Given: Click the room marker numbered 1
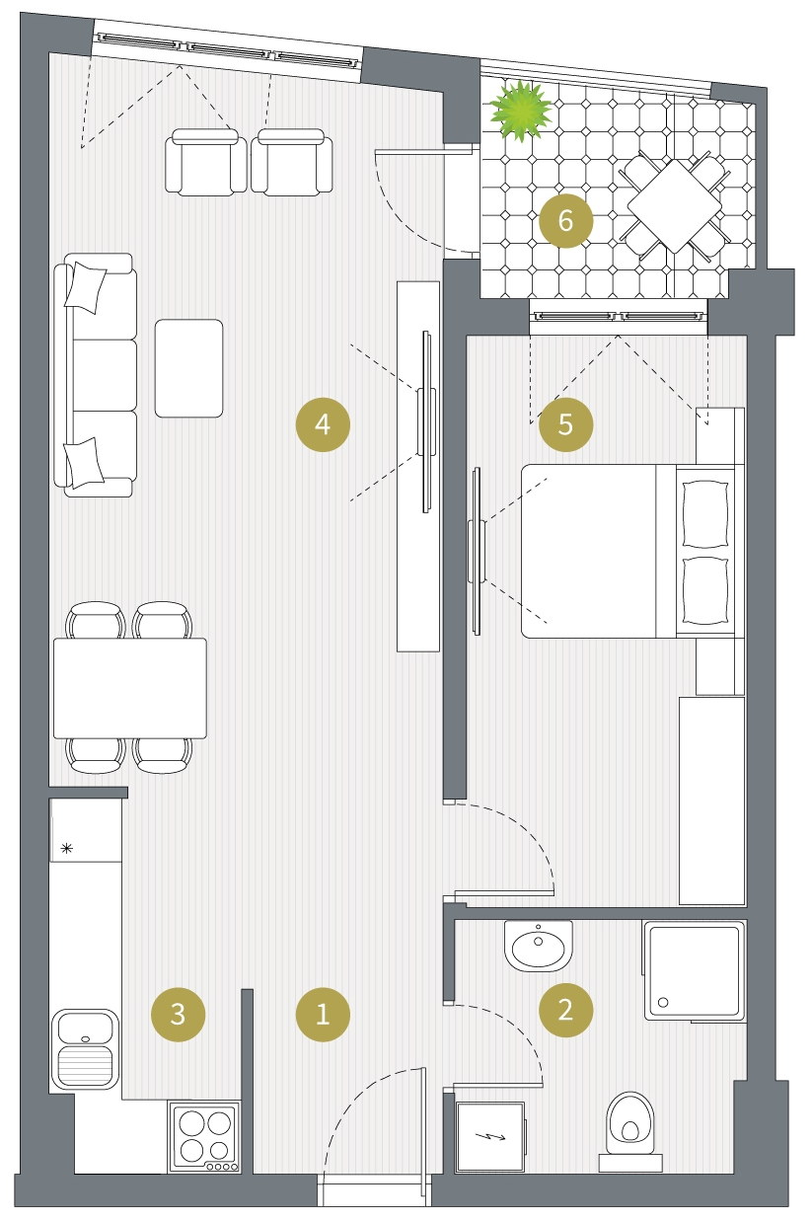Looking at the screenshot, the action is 323,1014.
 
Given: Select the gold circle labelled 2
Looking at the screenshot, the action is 565,1010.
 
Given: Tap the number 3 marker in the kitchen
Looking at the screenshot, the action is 178,1014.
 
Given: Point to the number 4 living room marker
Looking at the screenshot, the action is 323,424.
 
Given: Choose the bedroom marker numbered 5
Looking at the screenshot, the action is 565,424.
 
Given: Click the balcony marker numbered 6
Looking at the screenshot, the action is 565,221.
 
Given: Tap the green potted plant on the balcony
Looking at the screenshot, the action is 520,111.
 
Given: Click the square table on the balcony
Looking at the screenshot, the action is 675,206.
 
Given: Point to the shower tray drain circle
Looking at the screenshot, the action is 663,1002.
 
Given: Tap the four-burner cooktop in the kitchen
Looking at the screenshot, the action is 204,1136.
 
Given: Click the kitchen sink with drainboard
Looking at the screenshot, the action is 85,1049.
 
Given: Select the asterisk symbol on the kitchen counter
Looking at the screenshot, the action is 66,848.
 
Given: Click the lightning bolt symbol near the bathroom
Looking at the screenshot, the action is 490,1136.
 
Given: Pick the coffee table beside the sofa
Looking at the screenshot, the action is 188,368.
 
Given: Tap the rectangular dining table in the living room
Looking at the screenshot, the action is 129,688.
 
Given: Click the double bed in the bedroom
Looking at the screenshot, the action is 632,551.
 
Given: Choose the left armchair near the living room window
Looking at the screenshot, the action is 206,162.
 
